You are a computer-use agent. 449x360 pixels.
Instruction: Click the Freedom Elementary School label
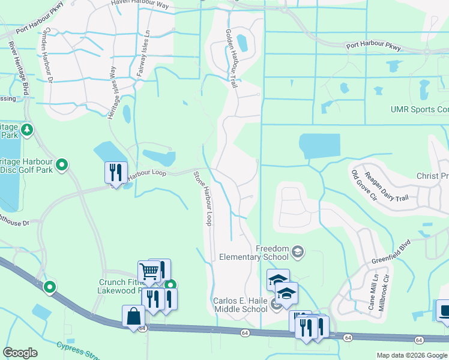(273, 253)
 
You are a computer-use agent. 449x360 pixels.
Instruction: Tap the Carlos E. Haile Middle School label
(240, 305)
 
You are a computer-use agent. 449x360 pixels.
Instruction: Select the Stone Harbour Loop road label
(202, 199)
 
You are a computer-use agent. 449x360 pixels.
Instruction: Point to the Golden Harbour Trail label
(232, 59)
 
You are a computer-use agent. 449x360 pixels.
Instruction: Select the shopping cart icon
(148, 271)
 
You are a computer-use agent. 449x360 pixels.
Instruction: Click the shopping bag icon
(133, 316)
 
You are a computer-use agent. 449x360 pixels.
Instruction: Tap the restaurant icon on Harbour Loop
(115, 172)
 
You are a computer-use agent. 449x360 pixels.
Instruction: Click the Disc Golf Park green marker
(62, 164)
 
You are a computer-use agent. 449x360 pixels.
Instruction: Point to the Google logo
(20, 353)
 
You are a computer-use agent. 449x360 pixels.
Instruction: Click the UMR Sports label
(419, 109)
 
